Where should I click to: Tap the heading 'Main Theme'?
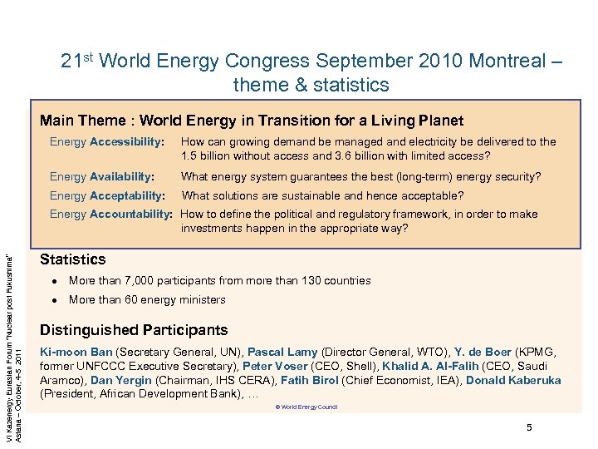tap(77, 121)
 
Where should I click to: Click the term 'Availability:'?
tap(122, 176)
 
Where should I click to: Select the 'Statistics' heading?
tap(73, 259)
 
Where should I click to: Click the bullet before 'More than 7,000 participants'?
tap(52, 281)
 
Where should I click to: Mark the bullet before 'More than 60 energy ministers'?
tap(52, 300)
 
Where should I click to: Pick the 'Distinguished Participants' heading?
tap(134, 330)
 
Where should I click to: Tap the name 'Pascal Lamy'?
tap(283, 353)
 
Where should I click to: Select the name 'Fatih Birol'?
tap(305, 381)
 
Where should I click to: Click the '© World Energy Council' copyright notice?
tap(306, 407)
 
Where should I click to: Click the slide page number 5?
tap(528, 427)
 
